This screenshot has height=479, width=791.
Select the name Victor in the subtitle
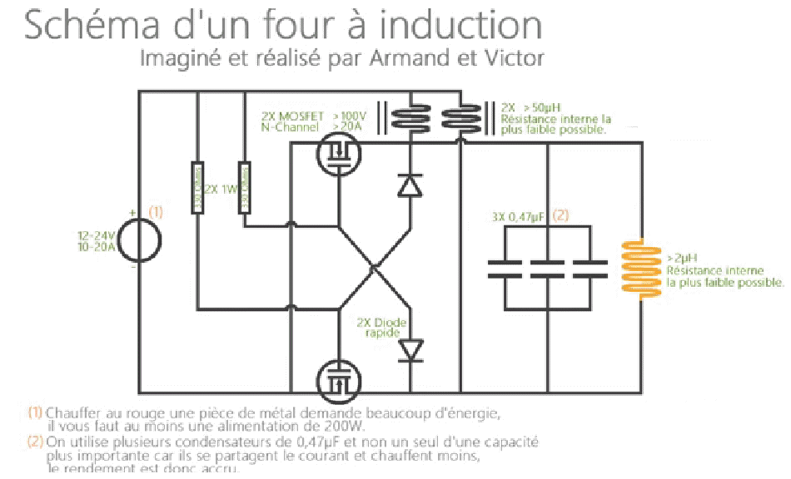pos(517,60)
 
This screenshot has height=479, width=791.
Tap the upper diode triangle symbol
pos(410,185)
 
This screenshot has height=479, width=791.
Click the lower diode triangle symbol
pos(410,348)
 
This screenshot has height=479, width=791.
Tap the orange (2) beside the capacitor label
pos(560,216)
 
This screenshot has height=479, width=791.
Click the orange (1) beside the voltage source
pos(155,212)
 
